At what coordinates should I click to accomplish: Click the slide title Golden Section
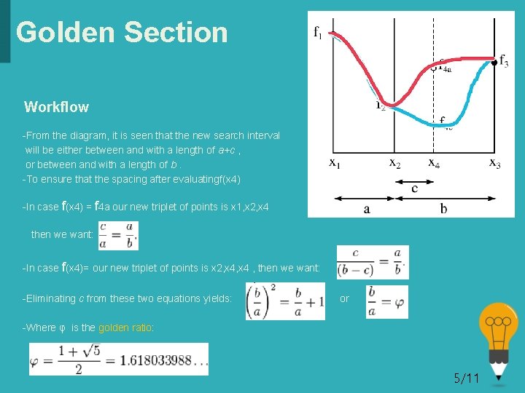tap(122, 32)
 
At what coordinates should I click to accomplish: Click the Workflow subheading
tap(56, 107)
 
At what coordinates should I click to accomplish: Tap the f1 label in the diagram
tap(318, 31)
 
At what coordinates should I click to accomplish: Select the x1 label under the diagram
tap(335, 163)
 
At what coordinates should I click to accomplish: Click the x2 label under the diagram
tap(394, 163)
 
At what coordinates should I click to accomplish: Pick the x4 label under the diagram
tap(434, 163)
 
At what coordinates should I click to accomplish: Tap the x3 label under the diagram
tap(494, 163)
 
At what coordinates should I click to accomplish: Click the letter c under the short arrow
tap(414, 188)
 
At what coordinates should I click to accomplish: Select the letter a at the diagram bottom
tap(367, 209)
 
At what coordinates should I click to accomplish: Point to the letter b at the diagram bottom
tap(443, 209)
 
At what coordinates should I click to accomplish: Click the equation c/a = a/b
tap(117, 235)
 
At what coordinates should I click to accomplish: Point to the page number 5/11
tap(467, 378)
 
